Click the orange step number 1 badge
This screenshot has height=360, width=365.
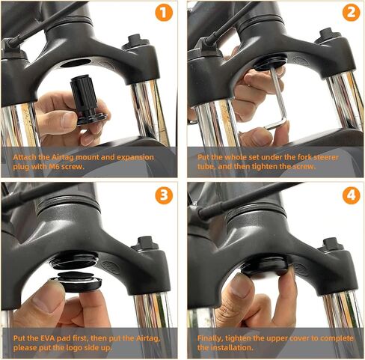[164, 14]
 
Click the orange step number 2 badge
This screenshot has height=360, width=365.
[349, 14]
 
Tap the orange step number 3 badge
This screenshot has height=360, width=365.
[164, 197]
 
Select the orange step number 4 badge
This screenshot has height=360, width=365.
[349, 197]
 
